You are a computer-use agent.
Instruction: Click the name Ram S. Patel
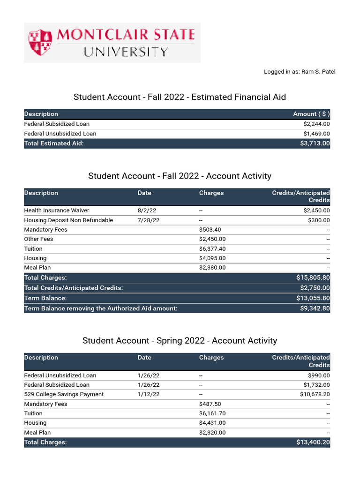[318, 72]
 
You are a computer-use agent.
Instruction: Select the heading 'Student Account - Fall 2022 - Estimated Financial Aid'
[180, 97]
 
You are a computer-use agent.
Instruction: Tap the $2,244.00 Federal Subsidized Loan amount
[316, 124]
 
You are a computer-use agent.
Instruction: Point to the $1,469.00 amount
[316, 134]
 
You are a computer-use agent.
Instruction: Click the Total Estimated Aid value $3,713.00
[315, 143]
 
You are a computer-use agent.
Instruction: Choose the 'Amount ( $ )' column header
[311, 114]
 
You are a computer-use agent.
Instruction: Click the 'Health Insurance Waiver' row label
[57, 210]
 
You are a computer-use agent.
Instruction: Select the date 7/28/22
[149, 220]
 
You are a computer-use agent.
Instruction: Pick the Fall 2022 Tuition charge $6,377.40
[212, 249]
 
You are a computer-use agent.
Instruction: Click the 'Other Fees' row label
[38, 239]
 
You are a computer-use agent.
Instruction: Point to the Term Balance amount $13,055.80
[313, 298]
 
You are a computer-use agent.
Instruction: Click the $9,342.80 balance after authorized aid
[315, 308]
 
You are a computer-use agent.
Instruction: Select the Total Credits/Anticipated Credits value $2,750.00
[315, 288]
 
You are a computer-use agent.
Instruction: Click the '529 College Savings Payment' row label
[64, 394]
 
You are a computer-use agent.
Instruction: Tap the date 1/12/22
[149, 394]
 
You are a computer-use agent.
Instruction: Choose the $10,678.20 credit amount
[315, 394]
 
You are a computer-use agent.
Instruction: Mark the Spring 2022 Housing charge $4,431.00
[212, 423]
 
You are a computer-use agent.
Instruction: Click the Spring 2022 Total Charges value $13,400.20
[313, 442]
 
